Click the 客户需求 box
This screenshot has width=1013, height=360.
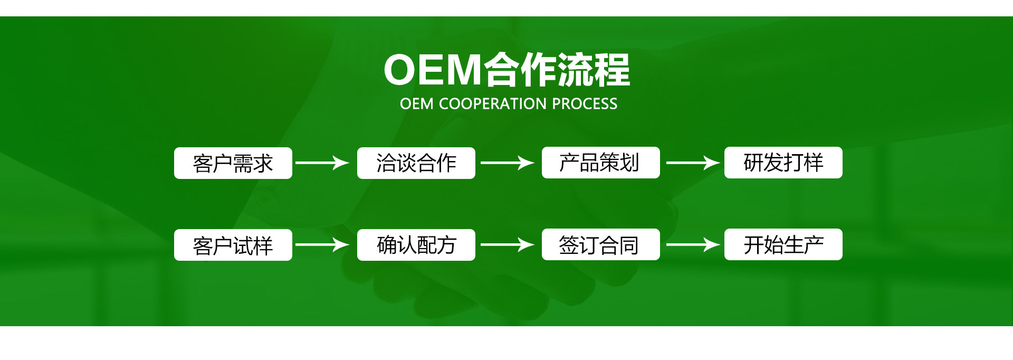233,163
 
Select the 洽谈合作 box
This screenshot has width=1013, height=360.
416,163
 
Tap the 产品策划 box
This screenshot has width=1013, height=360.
600,163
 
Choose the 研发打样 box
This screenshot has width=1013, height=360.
783,163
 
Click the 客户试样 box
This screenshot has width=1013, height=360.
233,245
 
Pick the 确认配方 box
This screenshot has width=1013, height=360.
416,245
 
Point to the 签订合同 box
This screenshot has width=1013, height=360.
600,244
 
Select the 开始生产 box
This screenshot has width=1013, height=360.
783,244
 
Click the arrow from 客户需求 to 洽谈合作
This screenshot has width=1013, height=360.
322,163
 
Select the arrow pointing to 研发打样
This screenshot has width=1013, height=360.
693,163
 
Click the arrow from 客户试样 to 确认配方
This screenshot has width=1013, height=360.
322,244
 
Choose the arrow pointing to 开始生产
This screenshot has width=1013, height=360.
693,244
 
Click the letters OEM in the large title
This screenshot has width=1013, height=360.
433,70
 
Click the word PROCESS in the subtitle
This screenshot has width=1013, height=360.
585,104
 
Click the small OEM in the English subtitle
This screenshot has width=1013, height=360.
416,104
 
